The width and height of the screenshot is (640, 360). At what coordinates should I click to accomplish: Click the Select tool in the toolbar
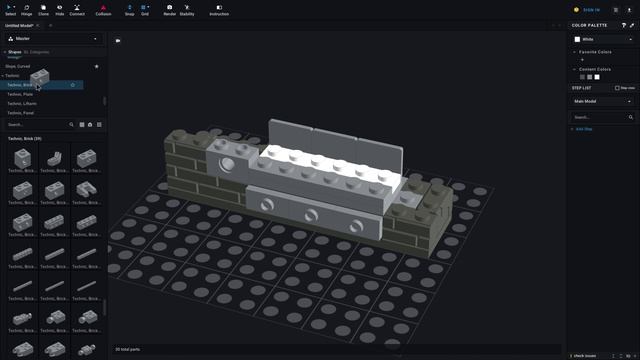[x=10, y=9]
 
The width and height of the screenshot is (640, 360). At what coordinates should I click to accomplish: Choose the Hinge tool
[x=26, y=9]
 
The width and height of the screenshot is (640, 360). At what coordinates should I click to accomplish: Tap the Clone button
[x=43, y=9]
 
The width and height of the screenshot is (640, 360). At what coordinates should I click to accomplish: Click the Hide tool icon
[x=59, y=9]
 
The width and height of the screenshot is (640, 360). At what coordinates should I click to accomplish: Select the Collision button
[x=103, y=9]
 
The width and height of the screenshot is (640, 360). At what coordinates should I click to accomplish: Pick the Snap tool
[x=130, y=9]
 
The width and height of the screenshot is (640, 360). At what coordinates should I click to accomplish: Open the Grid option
[x=145, y=9]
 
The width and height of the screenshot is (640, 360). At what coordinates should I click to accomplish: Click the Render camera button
[x=169, y=9]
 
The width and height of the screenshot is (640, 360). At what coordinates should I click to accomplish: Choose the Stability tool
[x=187, y=9]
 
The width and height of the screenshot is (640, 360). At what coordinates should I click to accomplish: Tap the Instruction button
[x=219, y=9]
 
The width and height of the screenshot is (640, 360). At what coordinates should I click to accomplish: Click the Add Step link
[x=584, y=129]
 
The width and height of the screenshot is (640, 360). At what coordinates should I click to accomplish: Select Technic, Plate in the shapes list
[x=21, y=94]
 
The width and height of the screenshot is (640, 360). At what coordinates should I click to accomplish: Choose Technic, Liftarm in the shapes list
[x=22, y=103]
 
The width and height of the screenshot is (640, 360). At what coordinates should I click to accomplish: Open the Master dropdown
[x=54, y=39]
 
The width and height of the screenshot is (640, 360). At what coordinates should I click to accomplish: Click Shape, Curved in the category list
[x=18, y=66]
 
